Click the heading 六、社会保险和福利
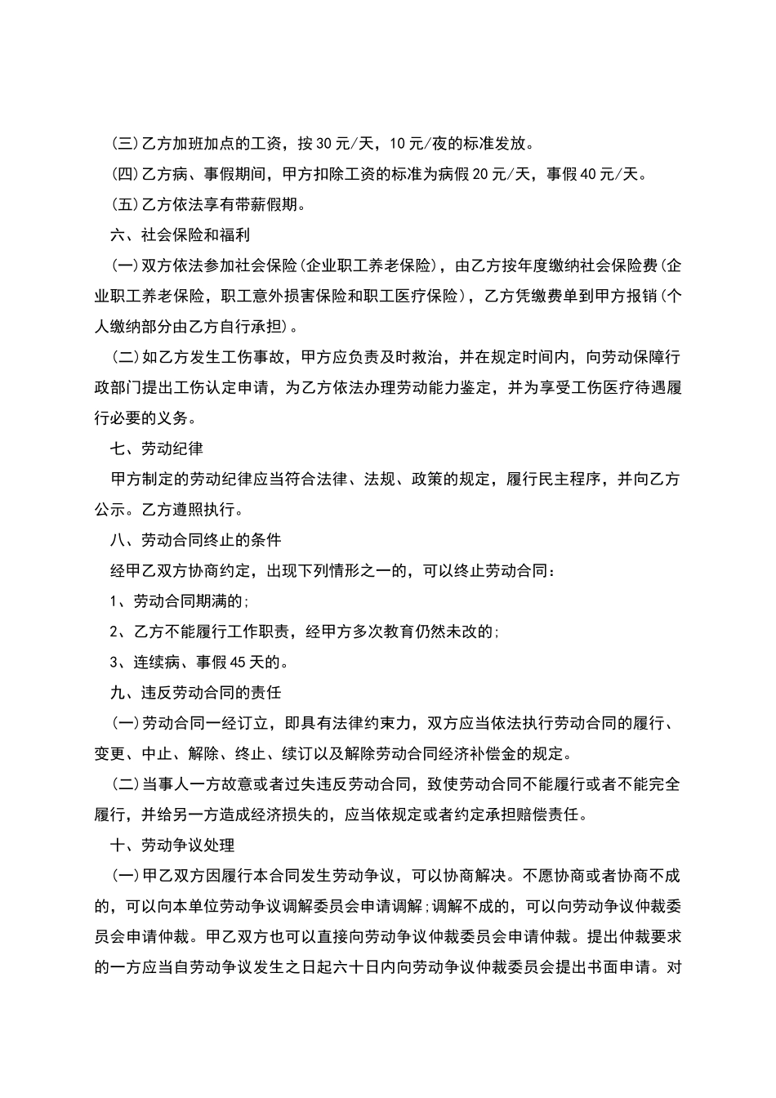180,235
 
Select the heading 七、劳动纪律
157,449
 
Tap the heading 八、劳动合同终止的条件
196,540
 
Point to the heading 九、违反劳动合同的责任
196,692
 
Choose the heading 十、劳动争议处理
172,844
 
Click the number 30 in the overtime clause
323,145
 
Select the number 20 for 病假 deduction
480,174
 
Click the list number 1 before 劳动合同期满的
114,601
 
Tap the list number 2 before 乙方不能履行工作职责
114,632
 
